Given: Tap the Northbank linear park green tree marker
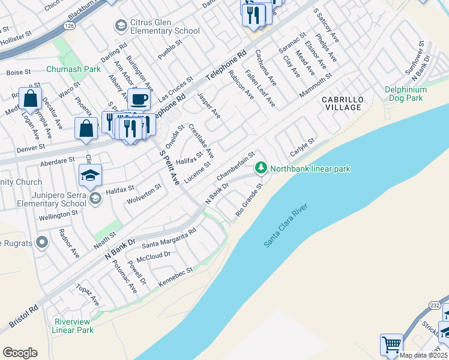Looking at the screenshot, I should coord(261,169).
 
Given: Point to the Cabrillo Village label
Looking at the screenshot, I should coord(342,103).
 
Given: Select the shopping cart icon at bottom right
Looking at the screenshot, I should coord(391,344).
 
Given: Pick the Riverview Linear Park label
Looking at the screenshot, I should coord(73,326).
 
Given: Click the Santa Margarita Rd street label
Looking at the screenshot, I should coord(169,238).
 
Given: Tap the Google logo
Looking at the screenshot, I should coord(20,353).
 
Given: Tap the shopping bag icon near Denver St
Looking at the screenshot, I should coord(86,128).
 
